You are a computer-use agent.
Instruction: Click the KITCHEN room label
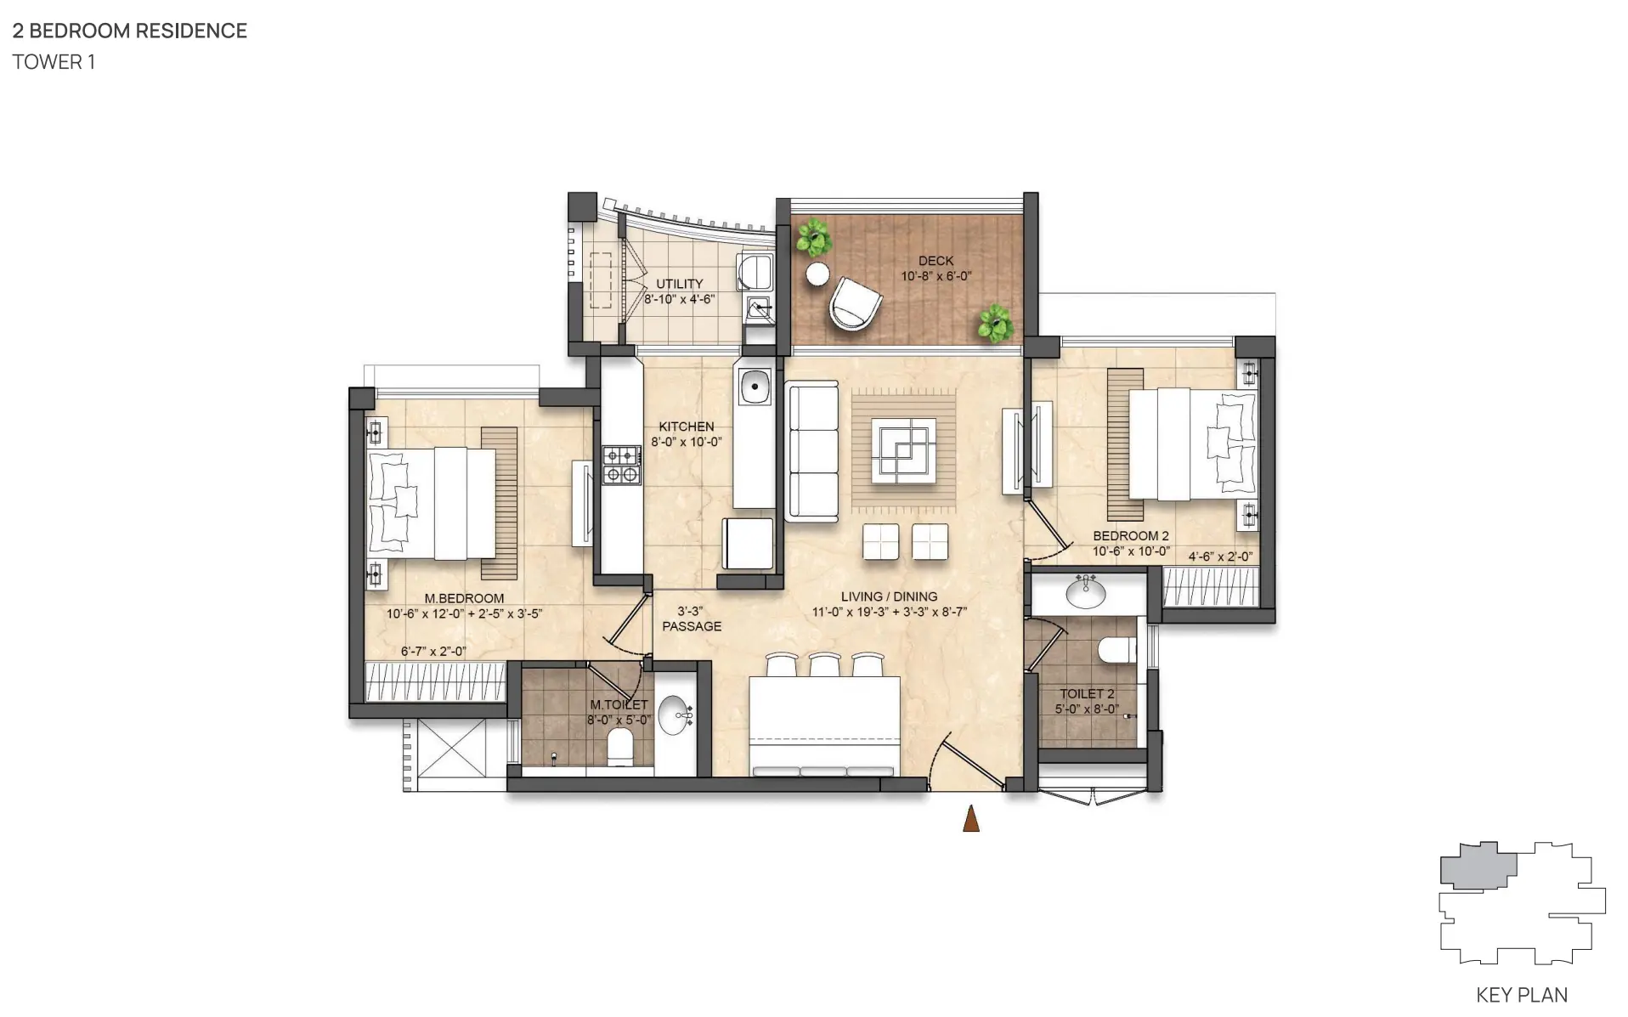(687, 427)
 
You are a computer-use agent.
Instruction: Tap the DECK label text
(936, 261)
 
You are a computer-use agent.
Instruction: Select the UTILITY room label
(680, 284)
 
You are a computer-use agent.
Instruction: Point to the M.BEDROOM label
(464, 598)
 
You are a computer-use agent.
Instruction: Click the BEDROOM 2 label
(1131, 536)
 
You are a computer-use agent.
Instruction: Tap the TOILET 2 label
(1087, 694)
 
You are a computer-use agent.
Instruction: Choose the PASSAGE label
(692, 626)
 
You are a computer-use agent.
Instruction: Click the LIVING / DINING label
(889, 596)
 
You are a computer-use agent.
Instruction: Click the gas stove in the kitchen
(621, 466)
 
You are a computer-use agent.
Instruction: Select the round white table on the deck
(817, 274)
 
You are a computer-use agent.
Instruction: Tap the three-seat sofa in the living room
(812, 451)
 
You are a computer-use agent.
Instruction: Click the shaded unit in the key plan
(1478, 866)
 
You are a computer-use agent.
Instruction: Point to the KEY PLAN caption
(1522, 995)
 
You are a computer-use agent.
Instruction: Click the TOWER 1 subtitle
(54, 62)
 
